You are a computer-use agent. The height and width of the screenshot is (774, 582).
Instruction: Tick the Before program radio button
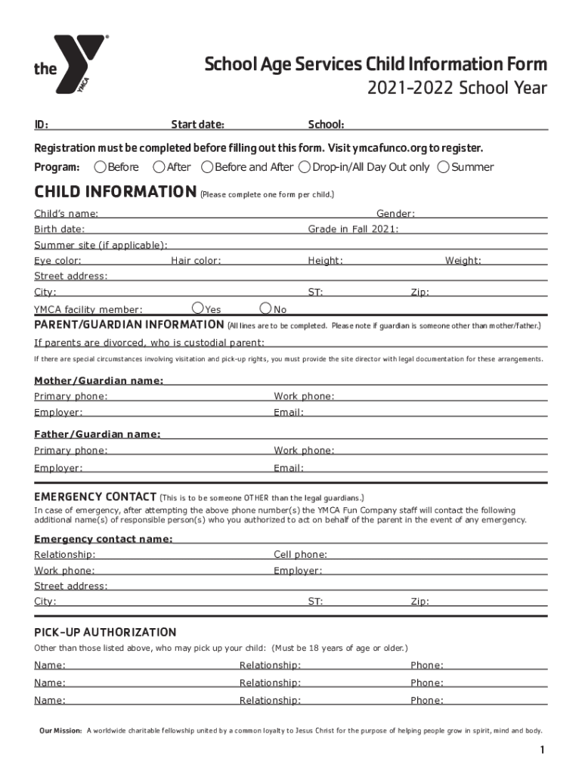(100, 167)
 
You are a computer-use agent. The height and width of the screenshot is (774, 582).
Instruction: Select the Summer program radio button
(444, 167)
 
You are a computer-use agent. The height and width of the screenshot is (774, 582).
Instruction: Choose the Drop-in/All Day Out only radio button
(305, 167)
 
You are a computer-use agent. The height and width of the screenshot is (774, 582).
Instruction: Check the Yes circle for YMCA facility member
(198, 308)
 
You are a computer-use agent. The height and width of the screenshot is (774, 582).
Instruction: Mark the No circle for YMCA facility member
(265, 308)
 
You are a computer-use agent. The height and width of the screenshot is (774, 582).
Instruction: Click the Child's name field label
(66, 215)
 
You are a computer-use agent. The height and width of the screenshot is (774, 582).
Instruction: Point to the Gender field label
(395, 215)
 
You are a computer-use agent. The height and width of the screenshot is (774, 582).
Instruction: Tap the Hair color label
(196, 261)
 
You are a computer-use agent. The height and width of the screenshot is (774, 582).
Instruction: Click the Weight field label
(463, 261)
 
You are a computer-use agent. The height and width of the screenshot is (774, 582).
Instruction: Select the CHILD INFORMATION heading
(115, 192)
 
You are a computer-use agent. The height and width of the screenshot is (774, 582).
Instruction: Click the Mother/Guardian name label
(98, 380)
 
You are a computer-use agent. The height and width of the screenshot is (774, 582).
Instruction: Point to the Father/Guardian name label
(97, 435)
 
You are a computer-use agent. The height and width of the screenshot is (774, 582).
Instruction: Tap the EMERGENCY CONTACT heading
(95, 497)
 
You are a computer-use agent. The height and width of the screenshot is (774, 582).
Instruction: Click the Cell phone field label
(300, 555)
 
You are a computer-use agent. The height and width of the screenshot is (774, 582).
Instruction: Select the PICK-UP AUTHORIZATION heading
(105, 632)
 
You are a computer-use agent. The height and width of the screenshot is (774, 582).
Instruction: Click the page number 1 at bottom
(542, 750)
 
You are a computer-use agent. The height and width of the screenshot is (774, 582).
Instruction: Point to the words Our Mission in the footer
(60, 731)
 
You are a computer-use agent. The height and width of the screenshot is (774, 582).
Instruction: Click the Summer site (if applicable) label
(101, 245)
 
